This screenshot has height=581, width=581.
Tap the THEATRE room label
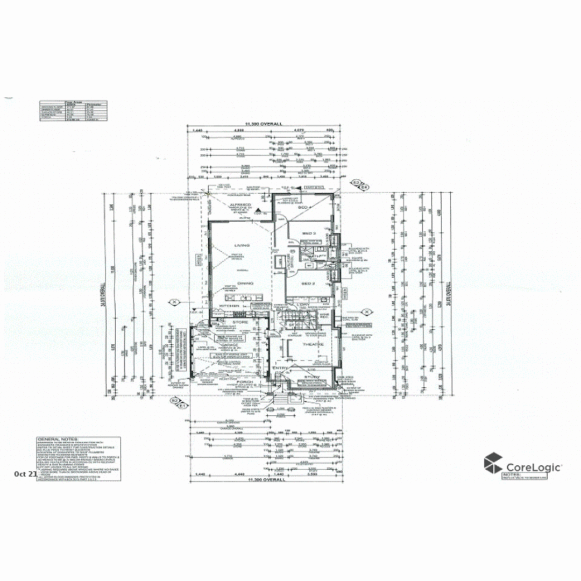tap(311, 344)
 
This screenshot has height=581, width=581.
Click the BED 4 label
tap(304, 207)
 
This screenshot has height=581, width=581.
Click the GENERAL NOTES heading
tap(57, 439)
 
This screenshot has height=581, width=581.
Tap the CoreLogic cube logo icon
tap(493, 464)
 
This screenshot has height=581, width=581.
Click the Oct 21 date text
tap(25, 474)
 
